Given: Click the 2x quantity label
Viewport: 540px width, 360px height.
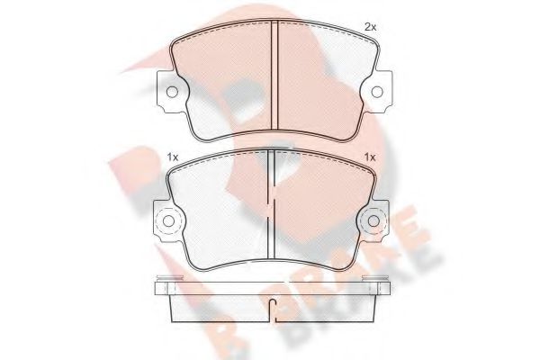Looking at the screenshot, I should click(x=370, y=28).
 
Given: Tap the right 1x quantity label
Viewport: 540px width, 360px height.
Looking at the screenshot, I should click(x=369, y=158).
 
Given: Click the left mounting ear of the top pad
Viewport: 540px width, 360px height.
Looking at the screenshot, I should click(x=167, y=89).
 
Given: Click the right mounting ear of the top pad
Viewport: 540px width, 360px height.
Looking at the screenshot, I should click(x=377, y=89).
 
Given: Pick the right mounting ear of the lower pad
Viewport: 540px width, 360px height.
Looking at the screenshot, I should click(x=374, y=221).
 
